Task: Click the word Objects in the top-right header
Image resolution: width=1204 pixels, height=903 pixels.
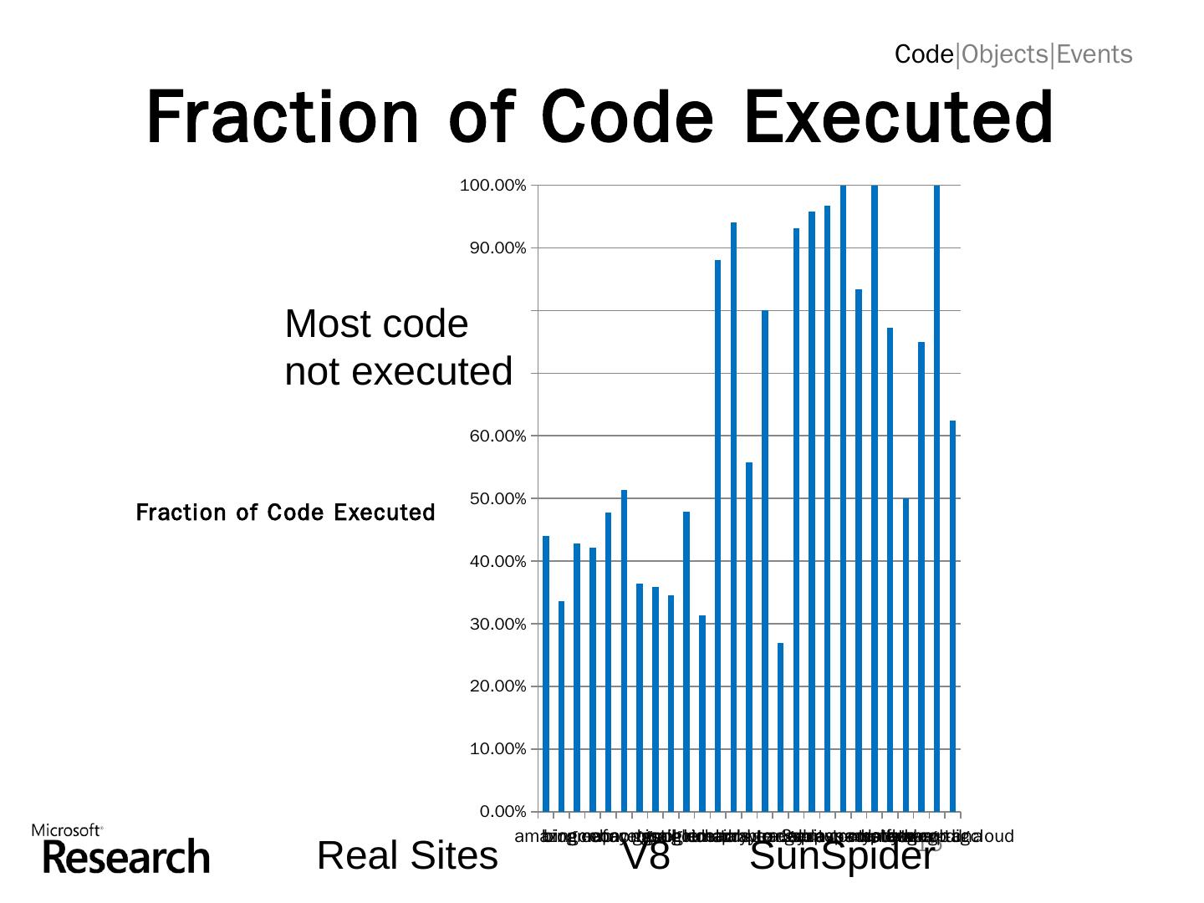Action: [x=1003, y=55]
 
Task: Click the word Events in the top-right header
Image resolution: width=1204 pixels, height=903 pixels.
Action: [x=1094, y=55]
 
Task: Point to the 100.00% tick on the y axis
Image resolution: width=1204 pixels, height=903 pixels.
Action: [x=493, y=186]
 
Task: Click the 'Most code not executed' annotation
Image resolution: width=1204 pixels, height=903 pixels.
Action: [x=398, y=348]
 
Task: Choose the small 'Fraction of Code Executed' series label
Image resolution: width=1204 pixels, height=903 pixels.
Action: [x=285, y=513]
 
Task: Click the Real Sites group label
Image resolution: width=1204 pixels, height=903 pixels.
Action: [x=407, y=856]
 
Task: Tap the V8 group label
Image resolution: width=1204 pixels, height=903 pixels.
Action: [x=645, y=856]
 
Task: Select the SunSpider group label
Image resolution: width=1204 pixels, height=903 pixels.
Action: [x=841, y=856]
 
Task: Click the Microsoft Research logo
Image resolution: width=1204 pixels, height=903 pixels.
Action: [x=120, y=849]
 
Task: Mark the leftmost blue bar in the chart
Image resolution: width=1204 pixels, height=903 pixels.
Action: [x=546, y=673]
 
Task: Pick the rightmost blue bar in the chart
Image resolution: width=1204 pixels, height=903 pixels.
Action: [x=952, y=615]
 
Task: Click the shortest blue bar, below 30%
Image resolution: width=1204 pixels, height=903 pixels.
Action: [x=780, y=727]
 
